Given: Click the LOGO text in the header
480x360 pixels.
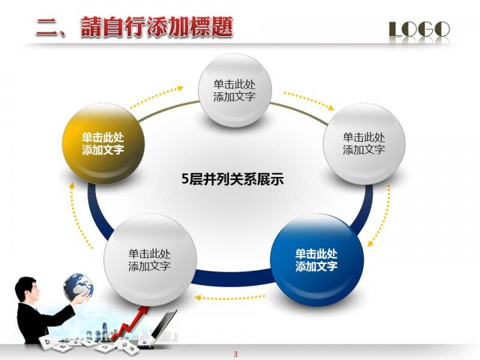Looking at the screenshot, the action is tap(419, 29).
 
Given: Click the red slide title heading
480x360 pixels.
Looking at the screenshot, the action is tap(134, 28).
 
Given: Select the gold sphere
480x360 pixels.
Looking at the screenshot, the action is tap(103, 144).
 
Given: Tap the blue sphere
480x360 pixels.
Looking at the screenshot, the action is tap(317, 260).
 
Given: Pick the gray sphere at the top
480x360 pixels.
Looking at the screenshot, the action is tap(235, 91).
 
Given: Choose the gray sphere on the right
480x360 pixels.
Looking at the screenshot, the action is tap(364, 144).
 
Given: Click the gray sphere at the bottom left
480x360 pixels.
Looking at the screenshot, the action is tap(150, 260).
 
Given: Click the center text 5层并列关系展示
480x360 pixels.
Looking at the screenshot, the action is tap(233, 179).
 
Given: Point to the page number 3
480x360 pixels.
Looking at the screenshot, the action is tap(235, 354).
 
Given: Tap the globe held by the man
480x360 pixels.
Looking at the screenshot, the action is tap(78, 287).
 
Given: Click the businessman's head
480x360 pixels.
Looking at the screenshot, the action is tap(27, 289).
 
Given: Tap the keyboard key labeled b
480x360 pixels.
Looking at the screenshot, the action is tap(47, 341).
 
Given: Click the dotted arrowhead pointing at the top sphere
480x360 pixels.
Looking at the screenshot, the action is tap(180, 88).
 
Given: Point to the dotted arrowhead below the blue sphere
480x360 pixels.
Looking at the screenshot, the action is tap(198, 297).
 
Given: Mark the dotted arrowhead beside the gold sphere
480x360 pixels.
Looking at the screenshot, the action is tap(72, 186).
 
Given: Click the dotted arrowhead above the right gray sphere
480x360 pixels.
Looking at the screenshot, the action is tap(331, 108).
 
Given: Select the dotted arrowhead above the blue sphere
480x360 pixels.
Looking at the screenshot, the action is tap(370, 243).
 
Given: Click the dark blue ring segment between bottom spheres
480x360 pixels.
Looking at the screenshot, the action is tap(233, 278).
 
